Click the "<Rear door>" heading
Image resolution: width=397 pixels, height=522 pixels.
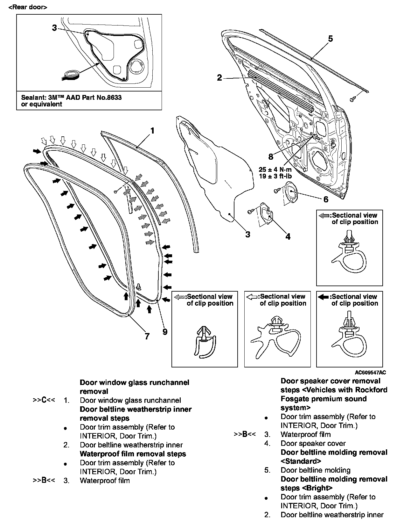pos(28,7)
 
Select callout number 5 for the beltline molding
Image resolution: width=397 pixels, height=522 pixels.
pos(330,39)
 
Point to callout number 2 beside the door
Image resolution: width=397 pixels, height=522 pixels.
pos(219,77)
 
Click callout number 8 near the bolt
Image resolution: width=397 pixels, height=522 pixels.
pos(270,156)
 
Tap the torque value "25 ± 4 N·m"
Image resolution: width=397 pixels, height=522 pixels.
pos(275,169)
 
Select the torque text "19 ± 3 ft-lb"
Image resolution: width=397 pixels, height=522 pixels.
pos(275,176)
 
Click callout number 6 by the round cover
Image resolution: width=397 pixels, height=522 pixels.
pos(325,199)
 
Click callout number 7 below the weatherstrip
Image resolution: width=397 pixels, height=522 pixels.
pos(147,336)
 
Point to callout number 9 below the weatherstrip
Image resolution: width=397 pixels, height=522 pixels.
pos(165,332)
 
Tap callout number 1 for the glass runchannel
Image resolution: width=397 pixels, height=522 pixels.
pos(152,131)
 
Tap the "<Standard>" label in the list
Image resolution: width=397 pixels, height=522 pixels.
pos(301,461)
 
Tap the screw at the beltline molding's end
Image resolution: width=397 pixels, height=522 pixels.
pos(352,100)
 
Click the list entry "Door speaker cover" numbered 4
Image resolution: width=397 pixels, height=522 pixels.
pos(313,443)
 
